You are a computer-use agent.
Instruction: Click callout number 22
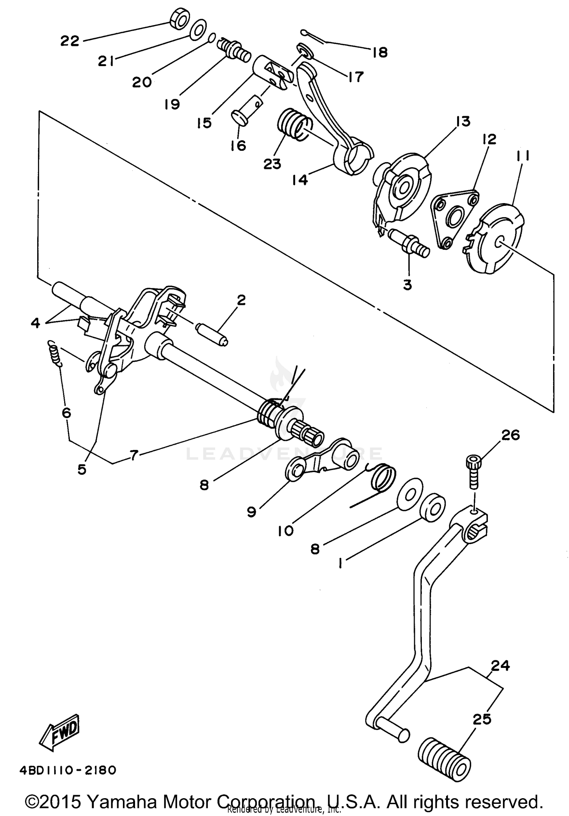[x=70, y=41]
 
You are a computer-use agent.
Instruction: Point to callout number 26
[x=510, y=435]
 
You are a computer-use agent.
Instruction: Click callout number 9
[x=251, y=512]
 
